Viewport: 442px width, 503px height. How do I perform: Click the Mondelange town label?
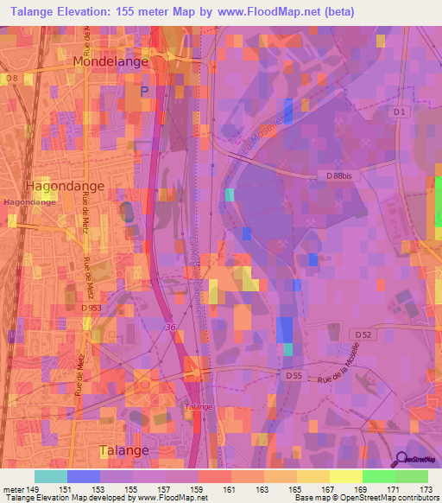click(110, 61)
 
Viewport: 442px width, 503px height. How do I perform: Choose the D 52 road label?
click(363, 334)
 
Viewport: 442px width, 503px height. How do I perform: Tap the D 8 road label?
click(11, 79)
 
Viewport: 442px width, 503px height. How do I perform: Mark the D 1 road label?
click(399, 112)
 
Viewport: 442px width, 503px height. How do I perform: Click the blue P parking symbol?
click(144, 89)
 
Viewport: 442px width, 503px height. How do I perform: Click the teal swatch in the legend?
click(51, 476)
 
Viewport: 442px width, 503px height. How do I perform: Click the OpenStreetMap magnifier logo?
click(401, 460)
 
